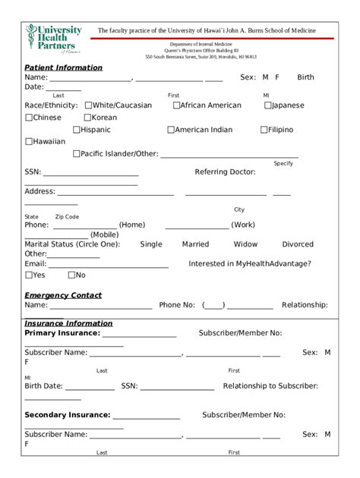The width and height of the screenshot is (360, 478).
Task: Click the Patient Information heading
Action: pos(63,68)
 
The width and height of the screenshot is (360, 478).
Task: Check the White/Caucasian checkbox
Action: pos(89,105)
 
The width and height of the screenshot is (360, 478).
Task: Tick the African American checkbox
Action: pos(176,105)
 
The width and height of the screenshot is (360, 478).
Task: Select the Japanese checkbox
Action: pos(268,105)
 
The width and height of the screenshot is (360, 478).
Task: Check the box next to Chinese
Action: pos(29,118)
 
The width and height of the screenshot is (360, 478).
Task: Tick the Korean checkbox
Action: pos(87,118)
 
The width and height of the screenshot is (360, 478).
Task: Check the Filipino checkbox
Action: pos(264,130)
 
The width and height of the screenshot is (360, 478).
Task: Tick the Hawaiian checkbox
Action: pos(29,141)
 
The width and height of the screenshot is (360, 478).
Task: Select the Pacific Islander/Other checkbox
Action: pos(77,153)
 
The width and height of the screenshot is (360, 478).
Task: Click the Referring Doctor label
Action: pos(225,172)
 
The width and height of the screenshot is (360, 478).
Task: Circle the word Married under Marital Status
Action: pos(195,244)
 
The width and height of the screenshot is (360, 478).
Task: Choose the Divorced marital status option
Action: pos(298,244)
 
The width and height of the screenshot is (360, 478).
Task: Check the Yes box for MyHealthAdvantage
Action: pos(29,275)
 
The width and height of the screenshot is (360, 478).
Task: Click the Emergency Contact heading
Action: pos(63,295)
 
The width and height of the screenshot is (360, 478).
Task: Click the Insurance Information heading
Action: pos(68,323)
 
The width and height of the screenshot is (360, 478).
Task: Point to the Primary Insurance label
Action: pos(62,333)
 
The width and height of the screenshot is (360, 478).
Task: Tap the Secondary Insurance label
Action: pos(67,415)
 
